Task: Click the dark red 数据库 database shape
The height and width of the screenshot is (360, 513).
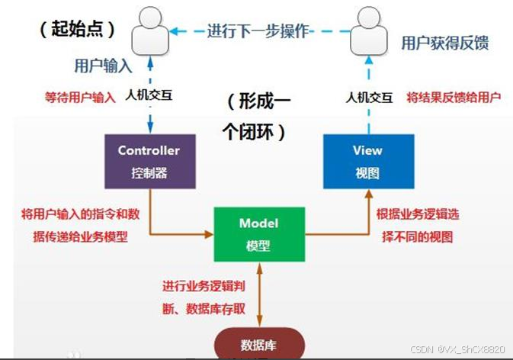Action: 260,344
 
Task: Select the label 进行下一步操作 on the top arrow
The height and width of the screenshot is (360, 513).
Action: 258,32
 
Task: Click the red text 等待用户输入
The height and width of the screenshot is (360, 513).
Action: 82,97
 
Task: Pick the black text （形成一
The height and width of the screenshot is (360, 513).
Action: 259,101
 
